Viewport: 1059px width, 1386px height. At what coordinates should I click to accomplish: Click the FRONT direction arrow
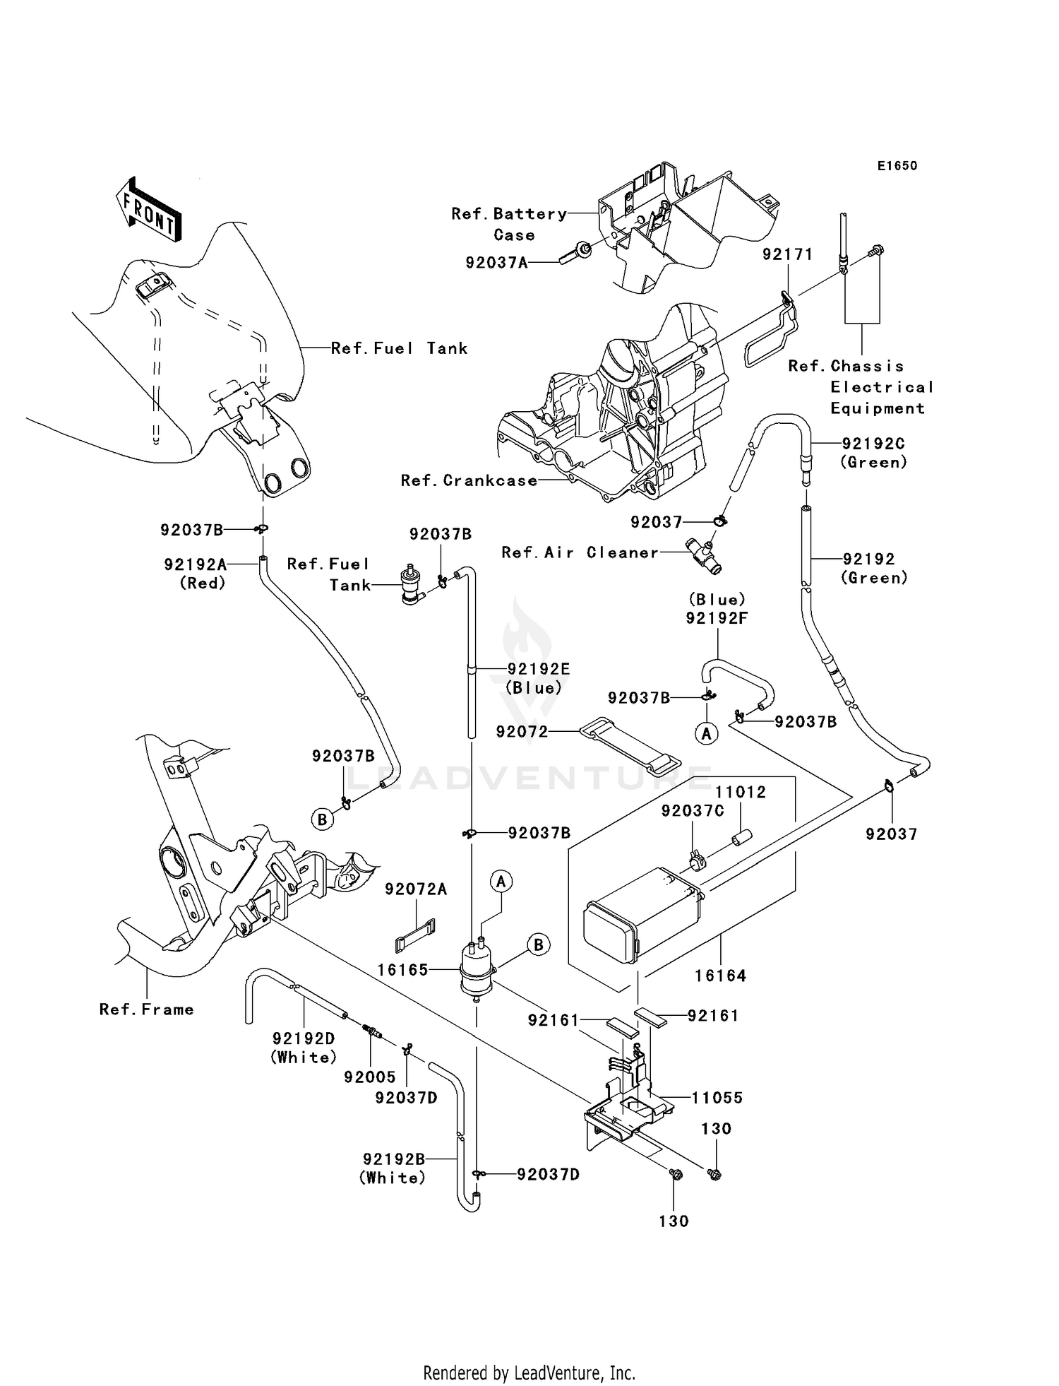(x=149, y=210)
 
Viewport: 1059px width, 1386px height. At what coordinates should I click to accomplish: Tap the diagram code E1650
(x=897, y=166)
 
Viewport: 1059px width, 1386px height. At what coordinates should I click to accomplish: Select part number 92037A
(x=496, y=263)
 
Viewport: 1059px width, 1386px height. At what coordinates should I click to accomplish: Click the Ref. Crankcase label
(x=469, y=480)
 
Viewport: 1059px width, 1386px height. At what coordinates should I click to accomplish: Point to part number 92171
(x=787, y=254)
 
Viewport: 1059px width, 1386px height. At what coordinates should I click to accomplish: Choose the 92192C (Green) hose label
(x=873, y=452)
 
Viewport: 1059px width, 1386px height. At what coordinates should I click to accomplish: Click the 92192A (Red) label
(x=196, y=573)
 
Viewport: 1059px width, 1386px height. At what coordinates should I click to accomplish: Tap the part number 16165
(x=402, y=970)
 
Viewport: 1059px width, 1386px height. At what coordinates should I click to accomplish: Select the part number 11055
(x=717, y=1097)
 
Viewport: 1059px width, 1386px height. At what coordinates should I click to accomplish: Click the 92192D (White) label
(x=304, y=1048)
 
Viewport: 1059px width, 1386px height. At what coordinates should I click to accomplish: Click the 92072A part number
(x=416, y=889)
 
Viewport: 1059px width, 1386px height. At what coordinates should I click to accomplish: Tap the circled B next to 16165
(x=539, y=944)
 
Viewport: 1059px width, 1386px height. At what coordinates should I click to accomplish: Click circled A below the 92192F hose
(x=706, y=734)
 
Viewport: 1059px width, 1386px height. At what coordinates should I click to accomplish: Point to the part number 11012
(x=741, y=792)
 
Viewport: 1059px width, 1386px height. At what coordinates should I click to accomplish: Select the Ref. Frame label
(x=146, y=1009)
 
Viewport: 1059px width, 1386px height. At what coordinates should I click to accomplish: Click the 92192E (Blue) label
(x=538, y=677)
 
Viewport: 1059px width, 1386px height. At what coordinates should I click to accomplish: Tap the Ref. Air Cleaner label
(x=580, y=552)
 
